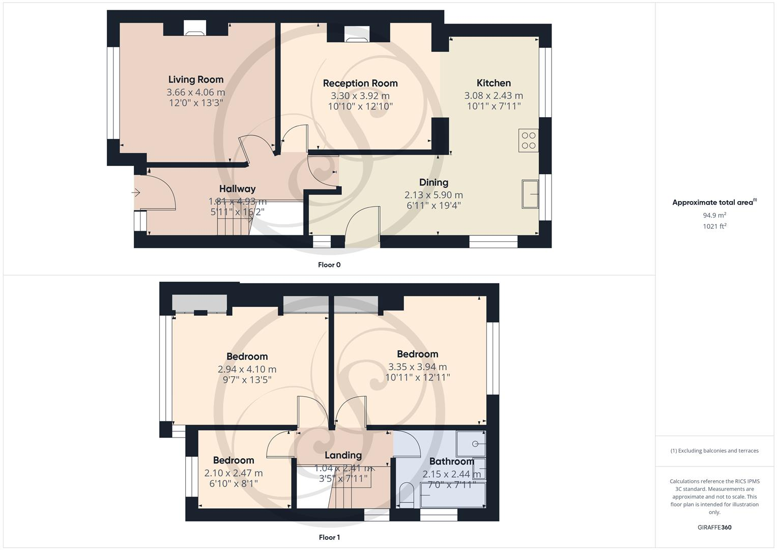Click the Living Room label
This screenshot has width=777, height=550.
point(196,79)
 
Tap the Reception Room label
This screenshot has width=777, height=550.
point(360,83)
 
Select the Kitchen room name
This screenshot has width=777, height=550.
point(494,83)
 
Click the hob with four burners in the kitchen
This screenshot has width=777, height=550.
point(529,141)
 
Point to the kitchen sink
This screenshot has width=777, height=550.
point(530,194)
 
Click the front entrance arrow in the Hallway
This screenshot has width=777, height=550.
point(136,193)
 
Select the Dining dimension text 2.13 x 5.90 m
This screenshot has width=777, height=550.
point(434,195)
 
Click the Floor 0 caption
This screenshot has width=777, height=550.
point(329,265)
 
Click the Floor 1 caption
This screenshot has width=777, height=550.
point(329,537)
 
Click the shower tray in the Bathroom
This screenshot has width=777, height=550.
point(471,444)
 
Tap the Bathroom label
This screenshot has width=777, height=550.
point(451,461)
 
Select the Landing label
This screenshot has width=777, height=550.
point(343,455)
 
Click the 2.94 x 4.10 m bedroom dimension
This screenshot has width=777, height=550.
point(247,369)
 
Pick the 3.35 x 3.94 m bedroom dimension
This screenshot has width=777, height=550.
point(417,367)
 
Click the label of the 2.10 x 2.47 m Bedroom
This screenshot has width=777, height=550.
point(234,460)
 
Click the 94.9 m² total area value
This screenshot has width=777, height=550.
point(714,215)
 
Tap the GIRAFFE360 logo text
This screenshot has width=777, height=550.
point(714,527)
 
